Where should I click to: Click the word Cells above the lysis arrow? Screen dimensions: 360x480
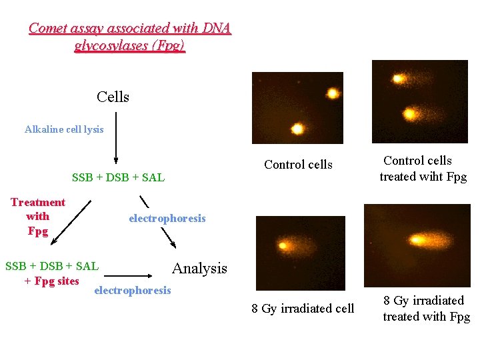(113, 97)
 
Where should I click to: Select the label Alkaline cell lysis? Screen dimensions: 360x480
(64, 129)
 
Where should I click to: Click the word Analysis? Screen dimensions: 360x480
(199, 268)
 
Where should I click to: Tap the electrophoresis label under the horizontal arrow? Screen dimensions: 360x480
(133, 290)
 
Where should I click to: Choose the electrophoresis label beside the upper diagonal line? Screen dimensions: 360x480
(167, 219)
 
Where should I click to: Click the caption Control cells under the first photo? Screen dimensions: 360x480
(298, 165)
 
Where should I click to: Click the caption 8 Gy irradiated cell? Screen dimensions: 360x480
(303, 309)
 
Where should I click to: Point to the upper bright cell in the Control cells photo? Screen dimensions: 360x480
(331, 93)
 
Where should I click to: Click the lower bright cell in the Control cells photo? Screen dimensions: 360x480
(297, 128)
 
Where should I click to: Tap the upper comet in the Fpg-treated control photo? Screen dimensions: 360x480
(399, 79)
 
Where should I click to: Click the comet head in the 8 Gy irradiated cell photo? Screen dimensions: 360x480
(283, 245)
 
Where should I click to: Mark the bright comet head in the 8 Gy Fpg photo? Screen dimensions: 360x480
(419, 239)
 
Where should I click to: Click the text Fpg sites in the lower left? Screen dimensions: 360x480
(58, 281)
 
